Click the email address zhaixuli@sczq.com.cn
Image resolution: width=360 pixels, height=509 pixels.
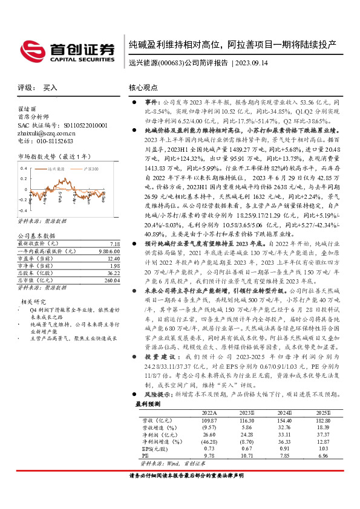click(46, 133)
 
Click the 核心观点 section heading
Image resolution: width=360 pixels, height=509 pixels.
click(143, 88)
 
